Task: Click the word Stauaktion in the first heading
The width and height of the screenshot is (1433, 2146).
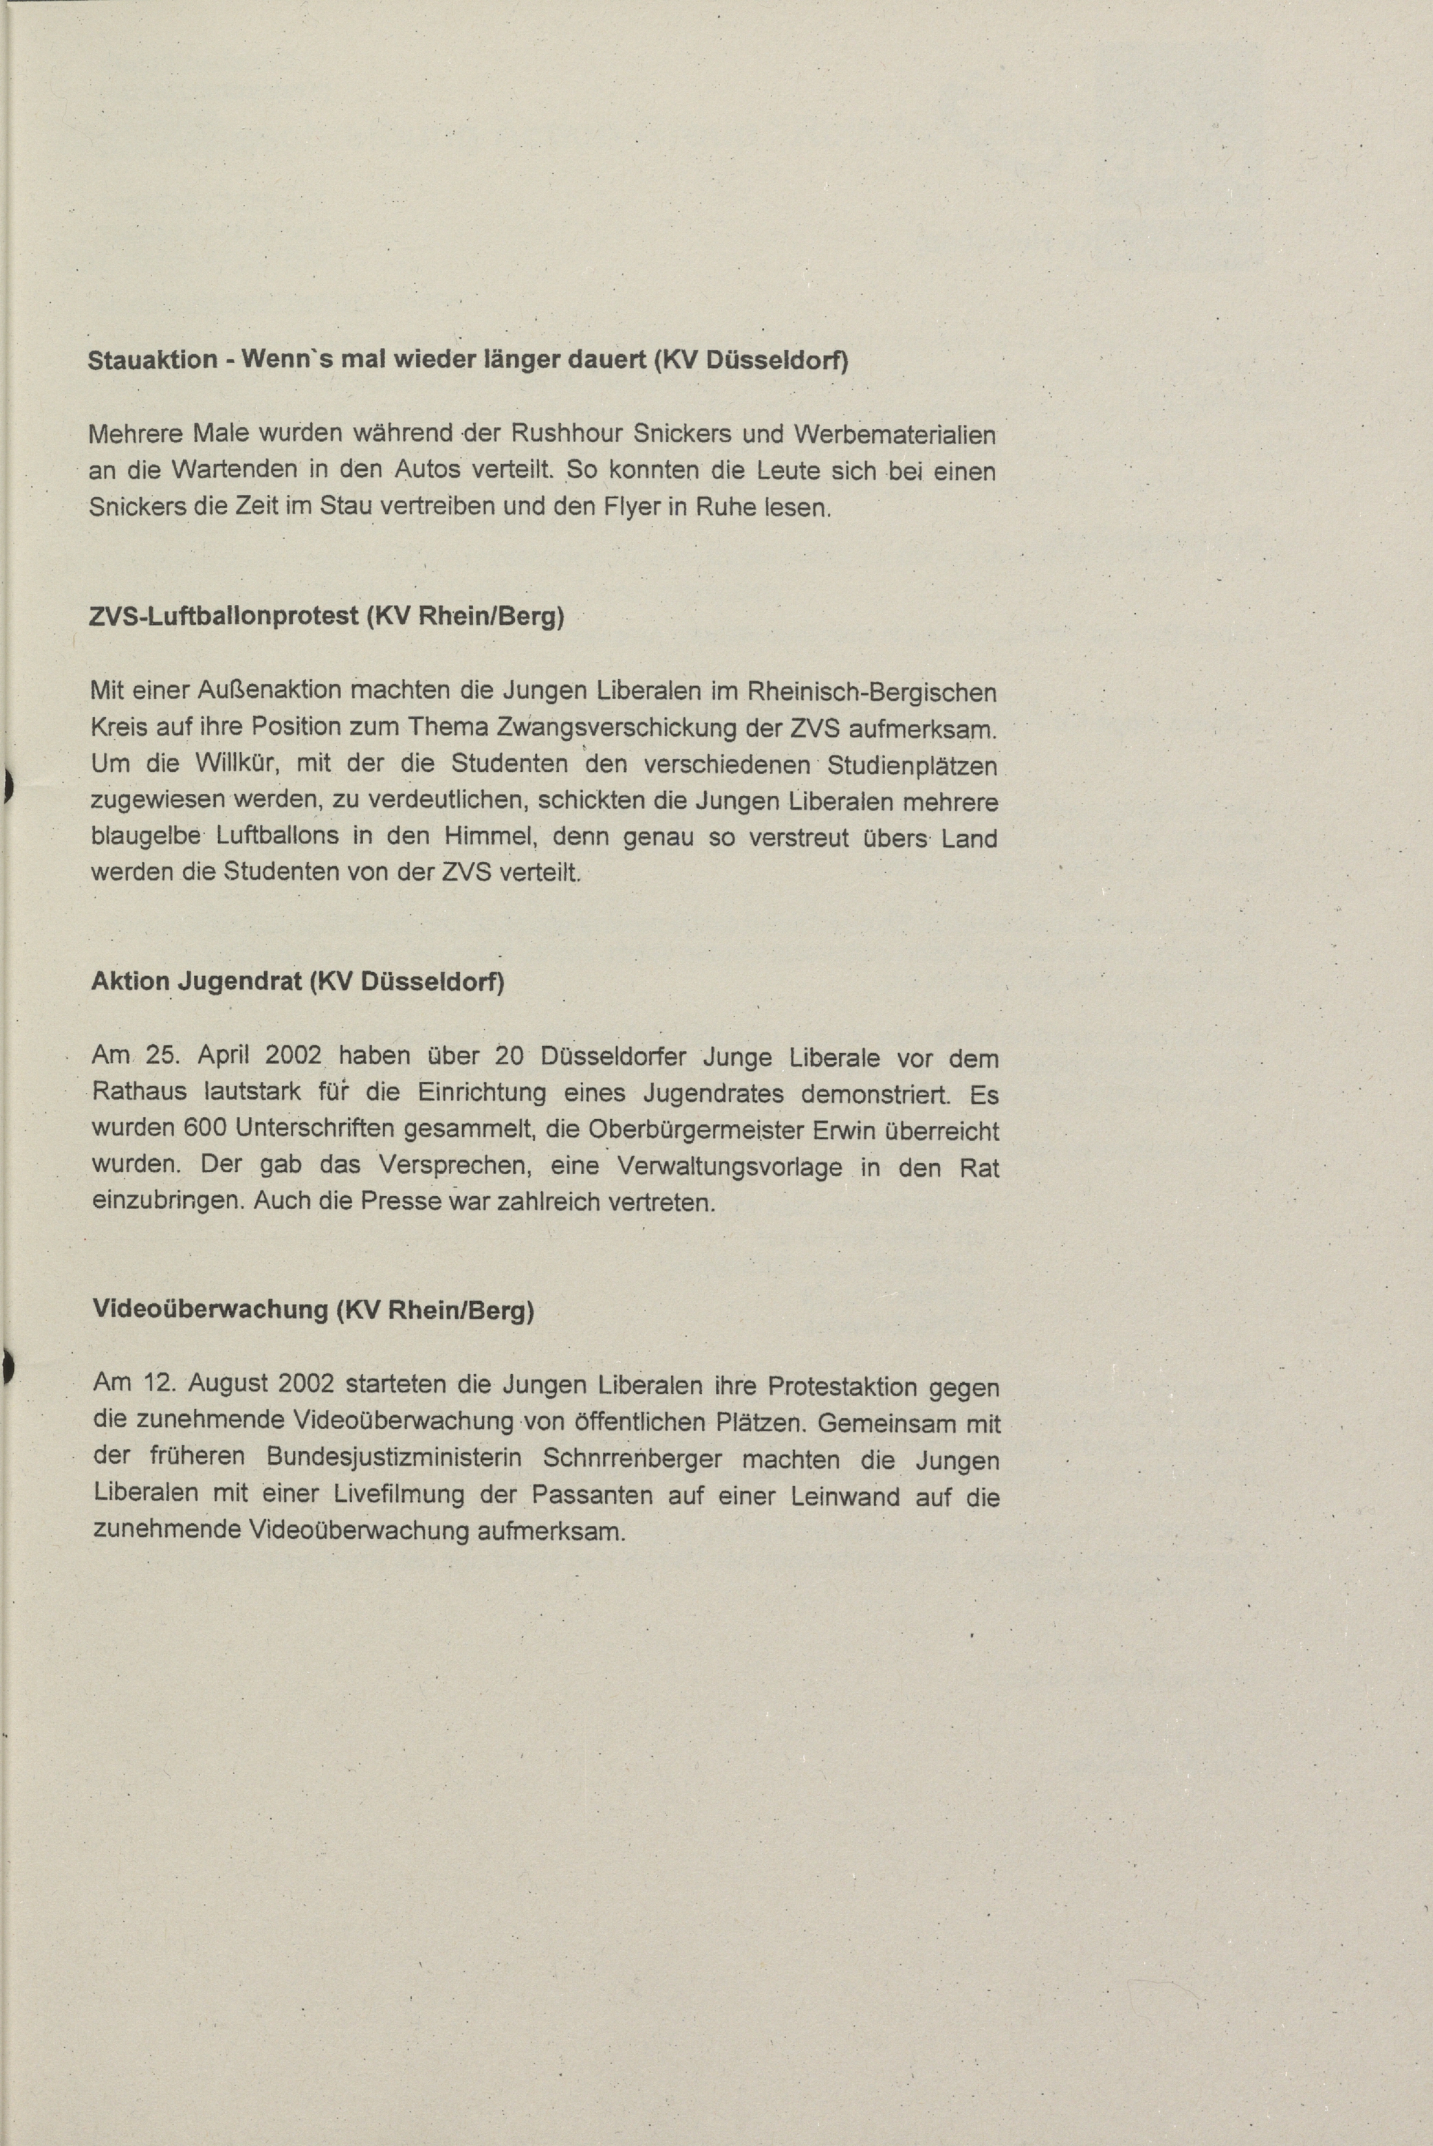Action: [152, 360]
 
